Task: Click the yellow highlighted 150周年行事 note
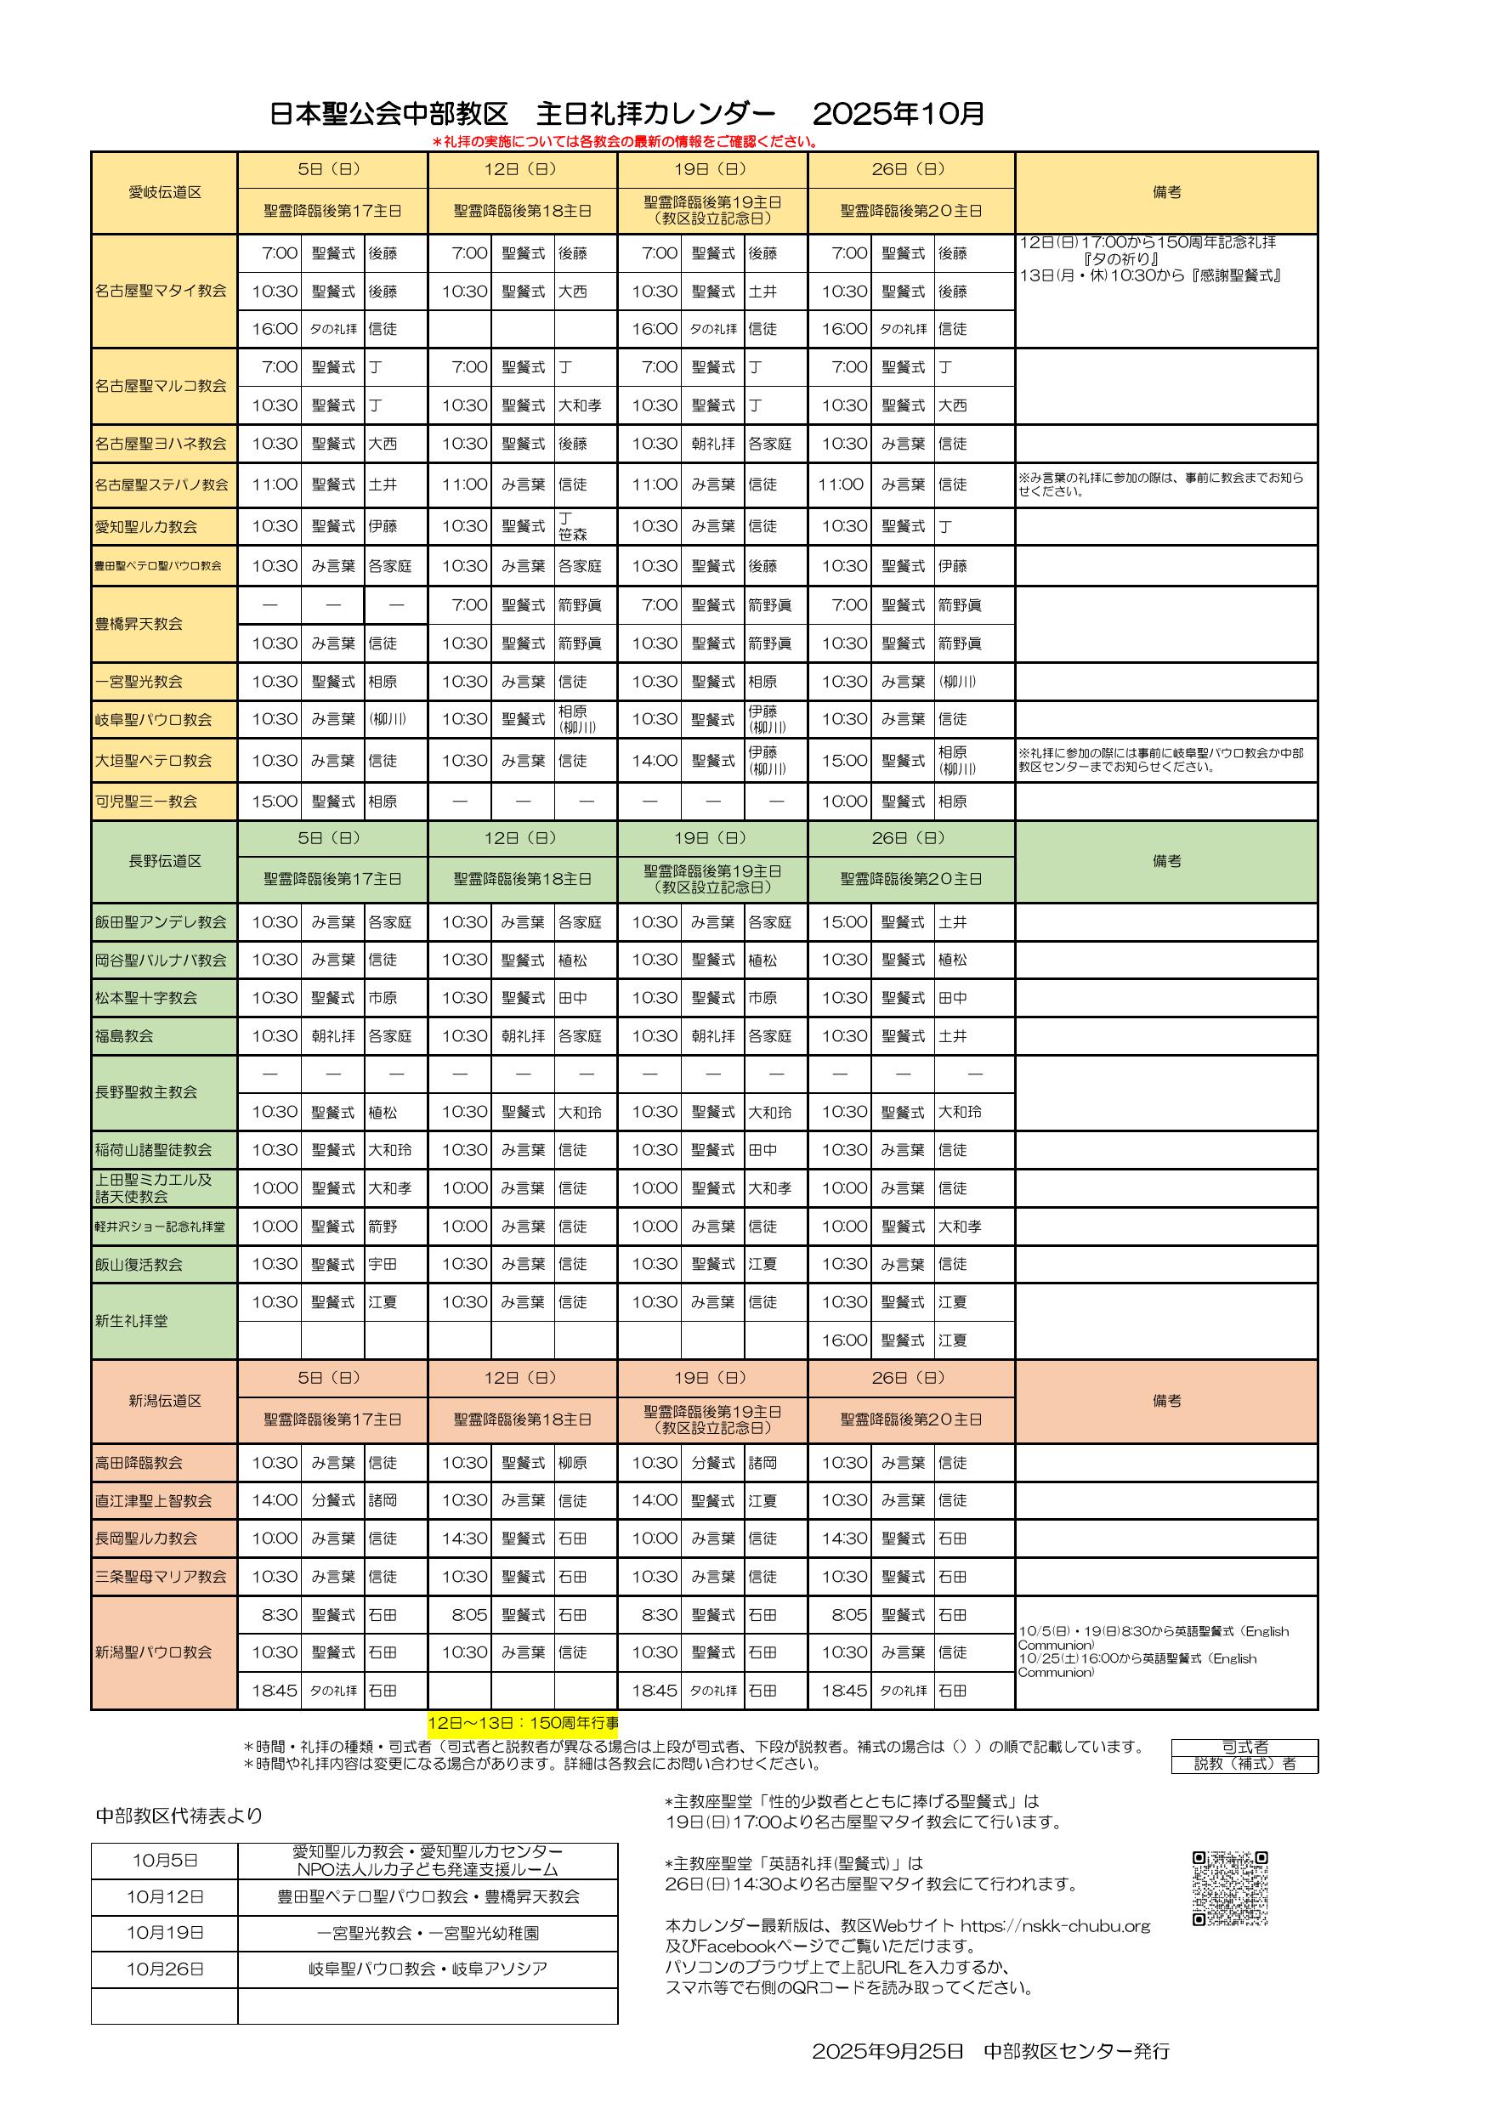524,1723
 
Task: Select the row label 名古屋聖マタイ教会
161,291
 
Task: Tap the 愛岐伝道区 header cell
164,192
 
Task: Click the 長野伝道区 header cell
164,860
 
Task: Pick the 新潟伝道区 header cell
164,1400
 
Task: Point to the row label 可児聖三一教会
146,802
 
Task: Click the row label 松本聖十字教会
146,998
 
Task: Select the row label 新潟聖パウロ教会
153,1652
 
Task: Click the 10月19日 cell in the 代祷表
165,1933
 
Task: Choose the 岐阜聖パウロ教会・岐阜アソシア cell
428,1969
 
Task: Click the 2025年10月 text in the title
898,114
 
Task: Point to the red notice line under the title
624,141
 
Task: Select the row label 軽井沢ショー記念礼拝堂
160,1227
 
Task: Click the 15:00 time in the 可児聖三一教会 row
275,802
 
